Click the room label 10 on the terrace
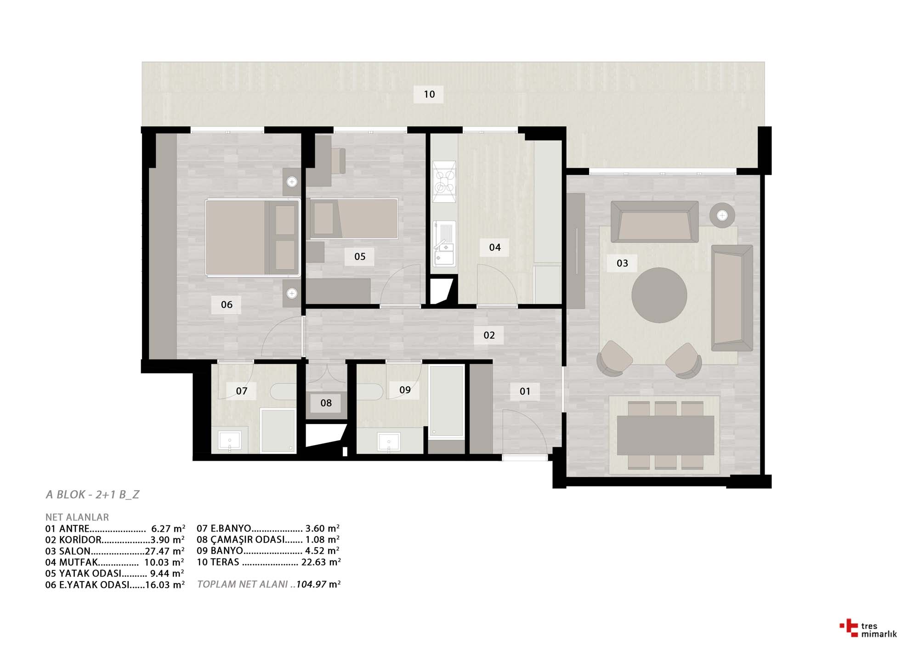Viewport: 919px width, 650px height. pyautogui.click(x=429, y=94)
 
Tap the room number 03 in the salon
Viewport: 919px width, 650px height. pyautogui.click(x=622, y=263)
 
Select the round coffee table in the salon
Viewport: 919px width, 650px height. pyautogui.click(x=659, y=295)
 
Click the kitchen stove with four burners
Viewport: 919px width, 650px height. pyautogui.click(x=444, y=181)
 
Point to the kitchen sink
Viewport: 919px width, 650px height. pyautogui.click(x=444, y=243)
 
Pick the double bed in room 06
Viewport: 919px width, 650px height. pyautogui.click(x=252, y=237)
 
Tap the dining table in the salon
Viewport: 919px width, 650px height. pyautogui.click(x=665, y=435)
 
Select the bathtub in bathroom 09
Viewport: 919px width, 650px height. pyautogui.click(x=446, y=401)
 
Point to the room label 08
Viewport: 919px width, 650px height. pyautogui.click(x=326, y=403)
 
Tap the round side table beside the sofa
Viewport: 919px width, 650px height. pyautogui.click(x=722, y=215)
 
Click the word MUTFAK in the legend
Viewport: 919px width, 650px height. pyautogui.click(x=79, y=562)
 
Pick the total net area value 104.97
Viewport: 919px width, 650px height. pyautogui.click(x=311, y=584)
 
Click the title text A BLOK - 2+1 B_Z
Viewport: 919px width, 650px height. pyautogui.click(x=92, y=495)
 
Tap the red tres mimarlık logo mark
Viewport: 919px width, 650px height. pyautogui.click(x=849, y=628)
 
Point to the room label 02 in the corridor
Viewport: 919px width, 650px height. pyautogui.click(x=489, y=335)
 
